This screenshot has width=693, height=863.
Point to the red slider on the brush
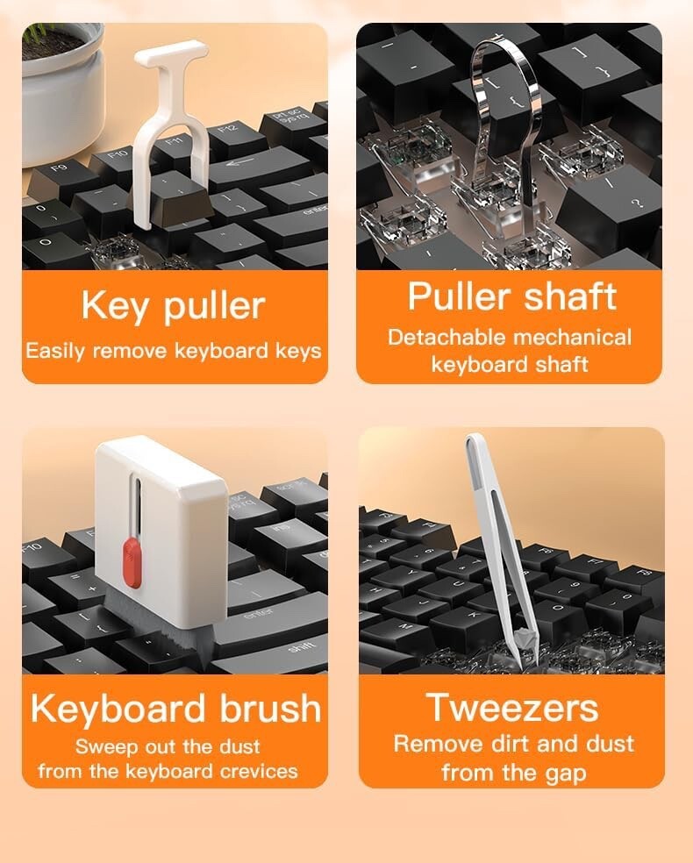tap(132, 563)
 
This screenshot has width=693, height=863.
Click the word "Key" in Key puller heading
tap(114, 306)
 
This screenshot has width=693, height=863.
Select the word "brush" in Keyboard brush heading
tap(270, 708)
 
